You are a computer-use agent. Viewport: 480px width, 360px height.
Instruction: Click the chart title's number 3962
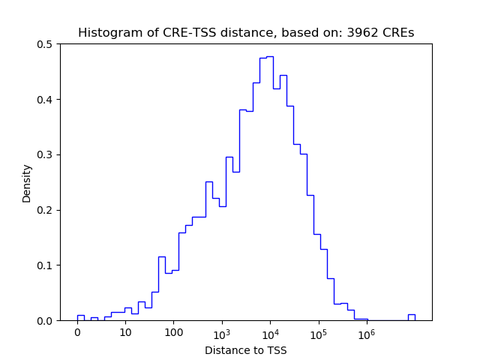364,33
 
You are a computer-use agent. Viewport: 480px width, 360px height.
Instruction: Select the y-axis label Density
27,183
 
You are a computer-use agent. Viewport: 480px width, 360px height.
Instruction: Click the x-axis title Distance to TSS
245,350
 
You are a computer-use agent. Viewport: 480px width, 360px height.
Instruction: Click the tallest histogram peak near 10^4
270,57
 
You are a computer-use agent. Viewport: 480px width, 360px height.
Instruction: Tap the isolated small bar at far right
411,316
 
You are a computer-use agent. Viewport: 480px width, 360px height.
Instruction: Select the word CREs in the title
397,33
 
